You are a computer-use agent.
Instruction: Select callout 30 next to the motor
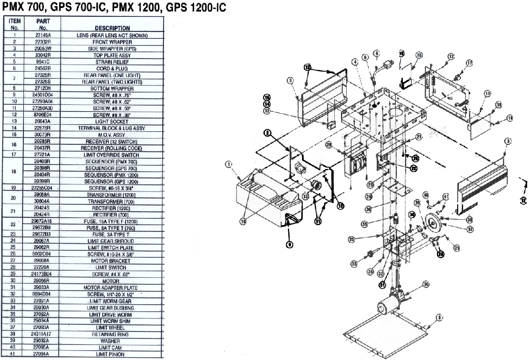coord(426,284)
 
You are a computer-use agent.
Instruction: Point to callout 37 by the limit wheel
coord(470,229)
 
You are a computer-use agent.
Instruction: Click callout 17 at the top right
coord(470,63)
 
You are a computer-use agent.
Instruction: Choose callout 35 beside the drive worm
coord(365,224)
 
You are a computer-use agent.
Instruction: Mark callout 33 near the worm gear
coord(354,264)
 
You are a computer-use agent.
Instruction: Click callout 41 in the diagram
coord(446,196)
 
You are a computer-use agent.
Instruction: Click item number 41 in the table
coord(15,354)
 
